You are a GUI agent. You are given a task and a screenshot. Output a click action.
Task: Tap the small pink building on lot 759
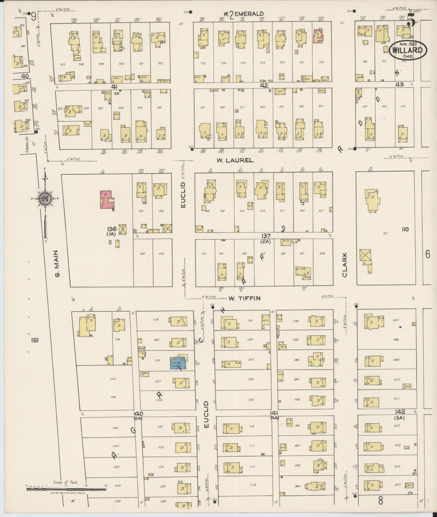318,36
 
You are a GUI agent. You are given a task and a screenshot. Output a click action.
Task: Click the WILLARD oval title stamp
405,50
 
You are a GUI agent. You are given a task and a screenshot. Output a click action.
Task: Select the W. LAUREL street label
235,160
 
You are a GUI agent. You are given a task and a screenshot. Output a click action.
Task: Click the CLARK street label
345,265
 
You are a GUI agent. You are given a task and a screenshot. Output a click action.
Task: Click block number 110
405,229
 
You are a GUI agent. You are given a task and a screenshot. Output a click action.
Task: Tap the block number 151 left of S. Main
35,340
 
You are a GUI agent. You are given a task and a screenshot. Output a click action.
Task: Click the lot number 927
386,233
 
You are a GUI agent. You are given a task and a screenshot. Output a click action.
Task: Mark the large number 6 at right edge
428,254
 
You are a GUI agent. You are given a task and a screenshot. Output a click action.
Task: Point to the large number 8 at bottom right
380,500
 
